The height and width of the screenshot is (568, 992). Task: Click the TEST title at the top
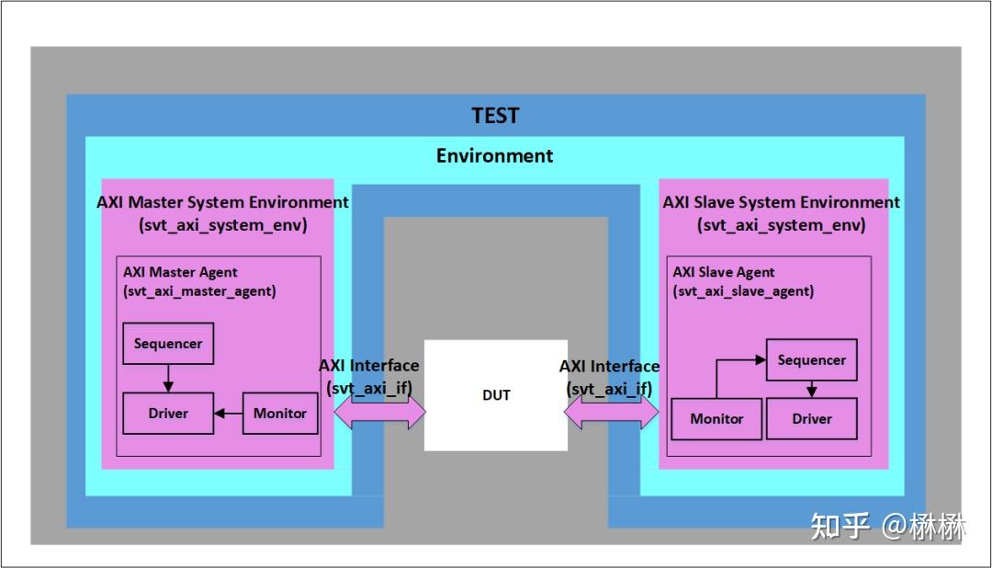tap(495, 116)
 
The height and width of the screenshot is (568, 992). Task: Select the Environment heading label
tap(494, 155)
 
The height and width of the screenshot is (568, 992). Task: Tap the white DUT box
tap(496, 395)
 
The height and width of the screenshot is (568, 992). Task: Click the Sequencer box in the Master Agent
tap(168, 343)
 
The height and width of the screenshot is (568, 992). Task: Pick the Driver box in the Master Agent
tap(168, 414)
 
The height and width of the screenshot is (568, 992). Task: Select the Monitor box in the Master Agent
tap(280, 414)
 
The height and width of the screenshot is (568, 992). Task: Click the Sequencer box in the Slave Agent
tap(811, 359)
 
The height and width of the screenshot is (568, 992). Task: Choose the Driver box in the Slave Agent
tap(812, 418)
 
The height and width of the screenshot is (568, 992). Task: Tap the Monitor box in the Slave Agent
tap(716, 418)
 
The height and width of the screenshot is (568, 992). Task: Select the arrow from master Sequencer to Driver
tap(168, 378)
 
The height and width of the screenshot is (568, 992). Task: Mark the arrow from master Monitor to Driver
tap(228, 414)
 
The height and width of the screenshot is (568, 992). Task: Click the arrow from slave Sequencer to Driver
tap(812, 389)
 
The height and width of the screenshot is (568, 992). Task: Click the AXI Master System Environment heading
tap(222, 202)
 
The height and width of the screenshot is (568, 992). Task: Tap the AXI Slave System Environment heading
tap(782, 202)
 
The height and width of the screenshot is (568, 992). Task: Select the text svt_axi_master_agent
tap(199, 290)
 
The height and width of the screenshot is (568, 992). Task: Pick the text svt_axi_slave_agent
tap(743, 290)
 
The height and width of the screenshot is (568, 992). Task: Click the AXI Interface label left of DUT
tap(368, 366)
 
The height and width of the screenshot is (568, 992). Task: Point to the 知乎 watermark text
tap(840, 527)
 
